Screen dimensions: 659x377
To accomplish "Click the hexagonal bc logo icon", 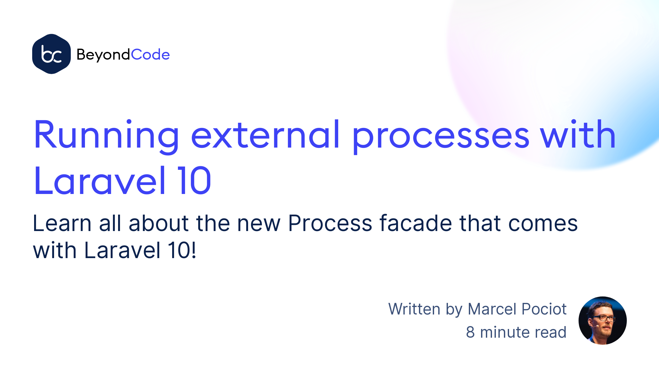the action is (x=51, y=54).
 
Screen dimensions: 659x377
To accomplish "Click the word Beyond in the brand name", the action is (x=103, y=55).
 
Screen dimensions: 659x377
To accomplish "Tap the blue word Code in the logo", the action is (x=150, y=54).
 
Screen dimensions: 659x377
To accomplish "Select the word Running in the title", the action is (x=107, y=136).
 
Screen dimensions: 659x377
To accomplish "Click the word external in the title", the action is (x=265, y=134).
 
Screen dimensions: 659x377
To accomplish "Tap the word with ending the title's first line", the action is (x=578, y=134).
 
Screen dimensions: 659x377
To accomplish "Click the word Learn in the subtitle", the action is (x=62, y=223).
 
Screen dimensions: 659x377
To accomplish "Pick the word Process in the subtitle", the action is (x=330, y=223).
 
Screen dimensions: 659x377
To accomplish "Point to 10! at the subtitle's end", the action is (x=182, y=250).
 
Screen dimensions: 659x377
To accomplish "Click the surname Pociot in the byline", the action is (x=544, y=309).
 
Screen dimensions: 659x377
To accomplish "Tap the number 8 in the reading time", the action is (x=470, y=332).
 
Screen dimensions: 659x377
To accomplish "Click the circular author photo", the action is (x=602, y=321).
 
